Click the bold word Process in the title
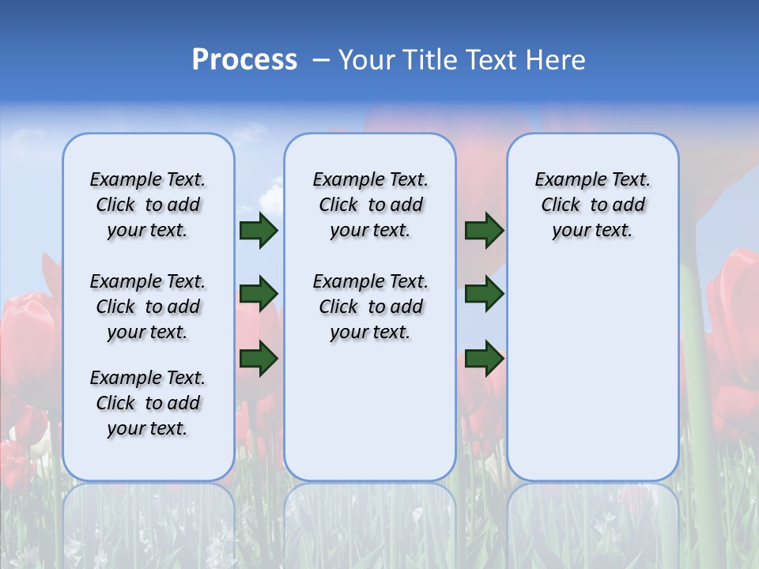click(x=244, y=60)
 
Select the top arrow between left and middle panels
click(x=259, y=230)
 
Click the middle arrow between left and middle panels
click(x=259, y=293)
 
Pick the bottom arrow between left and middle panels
click(x=259, y=358)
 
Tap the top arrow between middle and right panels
click(x=484, y=230)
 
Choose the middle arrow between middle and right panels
click(x=484, y=293)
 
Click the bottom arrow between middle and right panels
click(x=484, y=358)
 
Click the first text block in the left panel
click(x=148, y=205)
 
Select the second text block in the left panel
click(x=148, y=307)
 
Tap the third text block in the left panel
click(x=148, y=403)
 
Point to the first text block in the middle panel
click(x=370, y=205)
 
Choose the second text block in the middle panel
click(x=370, y=307)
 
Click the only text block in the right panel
click(x=592, y=205)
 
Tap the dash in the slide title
click(x=321, y=60)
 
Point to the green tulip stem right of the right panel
click(x=693, y=356)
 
